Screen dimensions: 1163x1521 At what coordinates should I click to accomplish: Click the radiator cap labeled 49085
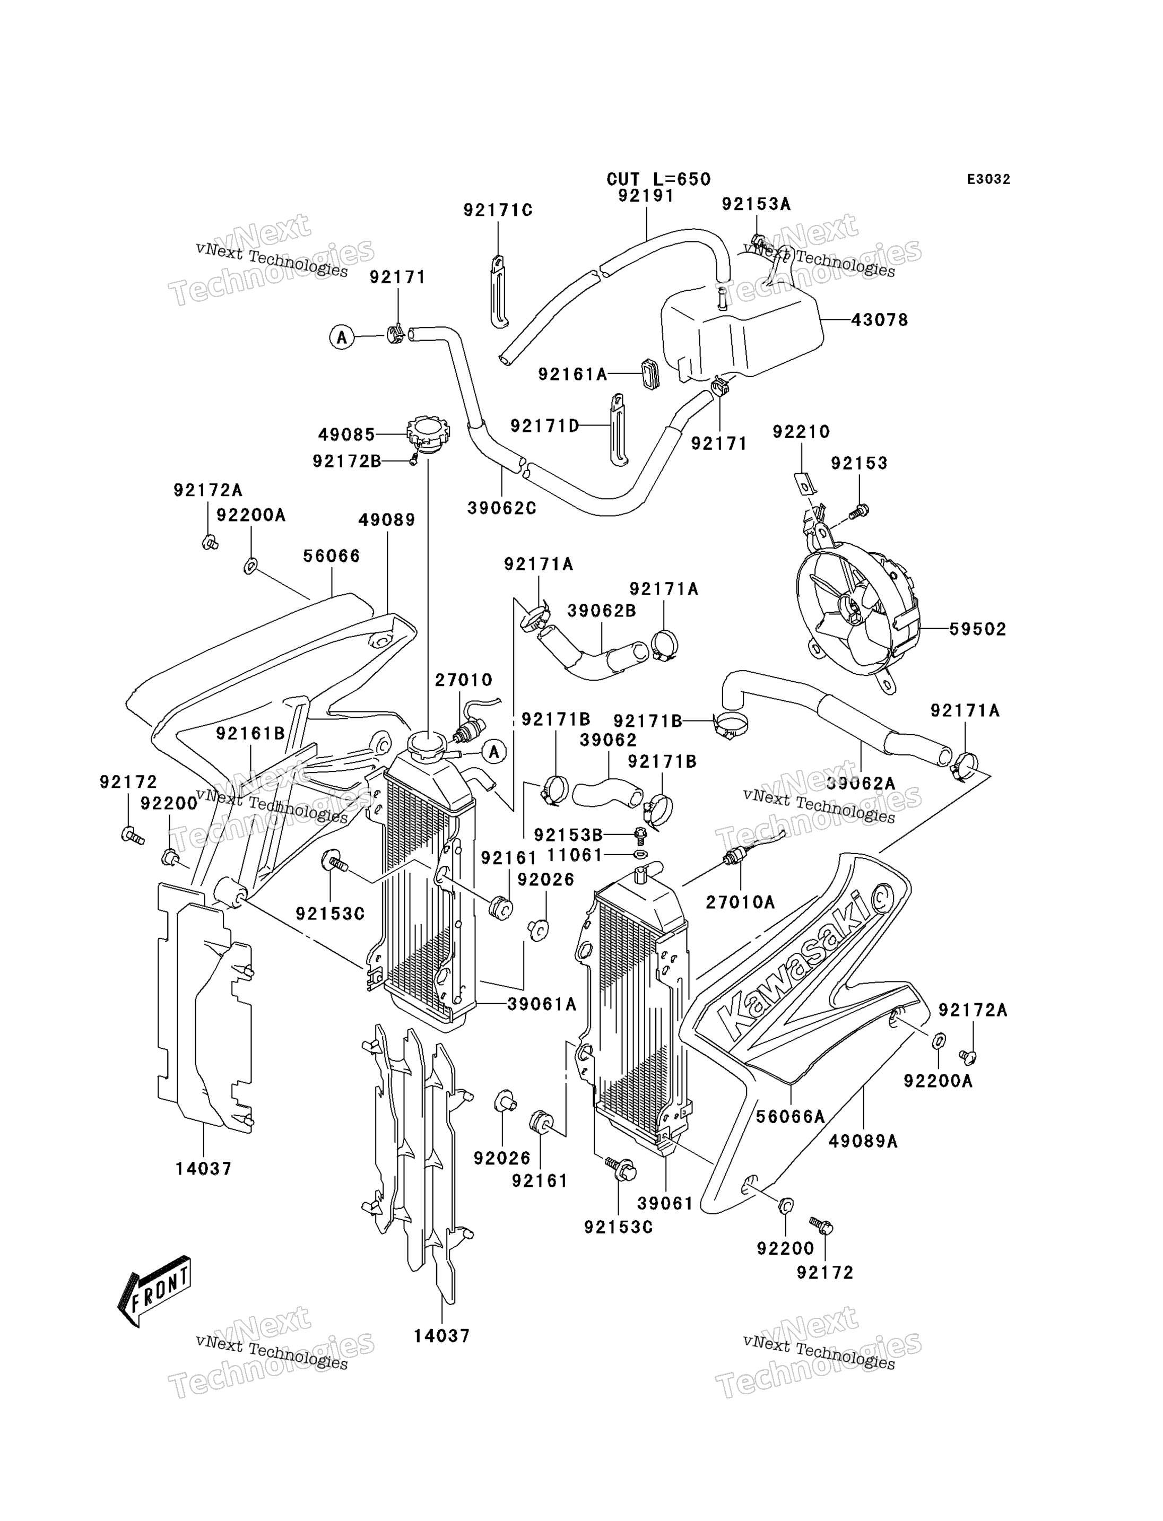click(x=428, y=436)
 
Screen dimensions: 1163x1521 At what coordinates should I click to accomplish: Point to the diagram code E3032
click(x=988, y=179)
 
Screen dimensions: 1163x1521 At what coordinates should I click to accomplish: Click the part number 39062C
click(x=502, y=508)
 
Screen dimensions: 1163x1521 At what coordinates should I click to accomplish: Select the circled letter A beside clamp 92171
click(x=341, y=337)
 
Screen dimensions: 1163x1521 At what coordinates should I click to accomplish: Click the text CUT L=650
click(x=658, y=179)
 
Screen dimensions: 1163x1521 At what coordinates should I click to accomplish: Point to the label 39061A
click(x=541, y=1004)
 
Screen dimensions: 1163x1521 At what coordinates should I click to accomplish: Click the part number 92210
click(x=801, y=432)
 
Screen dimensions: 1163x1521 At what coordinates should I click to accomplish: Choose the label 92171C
click(x=498, y=211)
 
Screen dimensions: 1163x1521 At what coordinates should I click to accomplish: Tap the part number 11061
click(x=575, y=856)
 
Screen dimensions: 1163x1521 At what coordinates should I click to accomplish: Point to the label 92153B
click(x=568, y=835)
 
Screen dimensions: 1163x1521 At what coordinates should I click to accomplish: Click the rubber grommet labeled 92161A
click(x=649, y=374)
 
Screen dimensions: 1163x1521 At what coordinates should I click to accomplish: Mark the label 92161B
click(x=250, y=733)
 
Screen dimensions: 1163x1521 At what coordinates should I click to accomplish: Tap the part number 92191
click(x=646, y=196)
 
